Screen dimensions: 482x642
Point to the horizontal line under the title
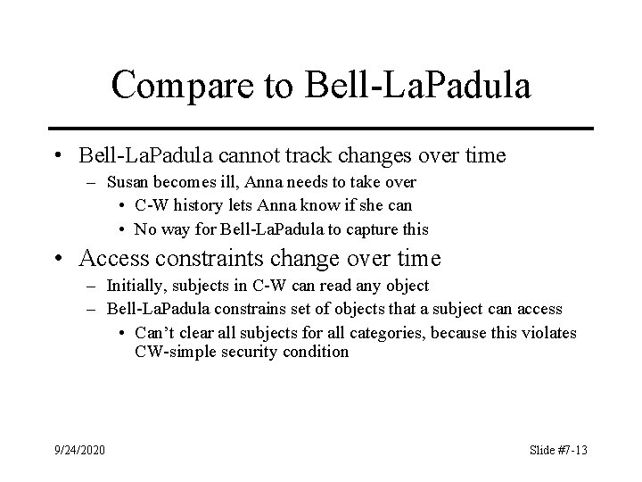pyautogui.click(x=321, y=128)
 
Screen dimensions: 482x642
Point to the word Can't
pyautogui.click(x=152, y=333)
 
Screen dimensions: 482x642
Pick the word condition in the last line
pyautogui.click(x=320, y=352)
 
